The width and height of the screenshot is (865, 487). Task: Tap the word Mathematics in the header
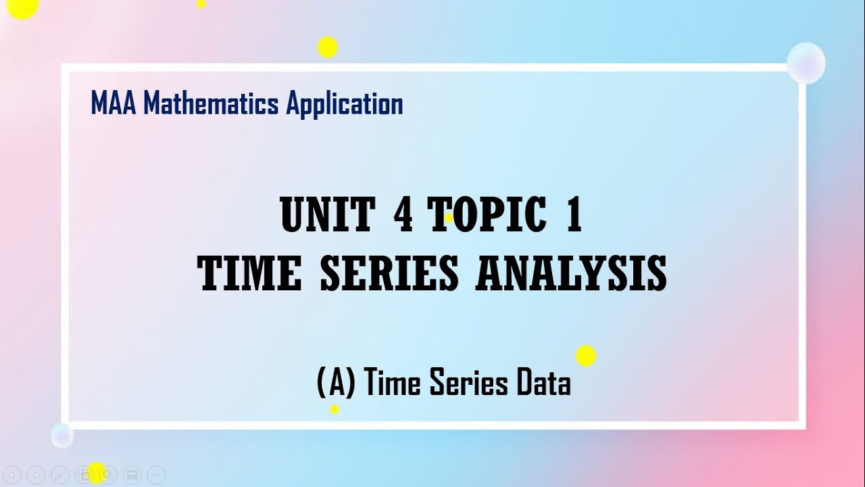pos(211,104)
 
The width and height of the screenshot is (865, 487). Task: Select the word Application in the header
pos(344,105)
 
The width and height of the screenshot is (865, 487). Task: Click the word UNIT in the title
pos(327,216)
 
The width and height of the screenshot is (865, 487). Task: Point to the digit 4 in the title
pos(403,216)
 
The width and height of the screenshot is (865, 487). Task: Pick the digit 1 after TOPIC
pos(574,216)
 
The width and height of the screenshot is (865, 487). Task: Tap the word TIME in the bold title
pos(250,274)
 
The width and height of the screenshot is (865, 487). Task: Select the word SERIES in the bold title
pos(389,274)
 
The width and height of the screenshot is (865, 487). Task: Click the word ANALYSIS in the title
pos(571,274)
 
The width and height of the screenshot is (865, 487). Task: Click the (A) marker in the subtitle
pos(336,384)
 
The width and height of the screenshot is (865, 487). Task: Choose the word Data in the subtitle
pos(543,384)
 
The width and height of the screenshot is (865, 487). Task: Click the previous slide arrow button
pos(13,475)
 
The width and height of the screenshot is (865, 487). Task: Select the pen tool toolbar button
pos(60,475)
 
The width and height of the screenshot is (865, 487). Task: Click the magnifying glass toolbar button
pos(108,475)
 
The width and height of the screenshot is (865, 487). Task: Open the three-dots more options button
pos(156,475)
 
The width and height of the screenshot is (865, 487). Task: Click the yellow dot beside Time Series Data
pos(585,356)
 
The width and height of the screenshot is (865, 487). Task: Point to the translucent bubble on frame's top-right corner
pos(806,63)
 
